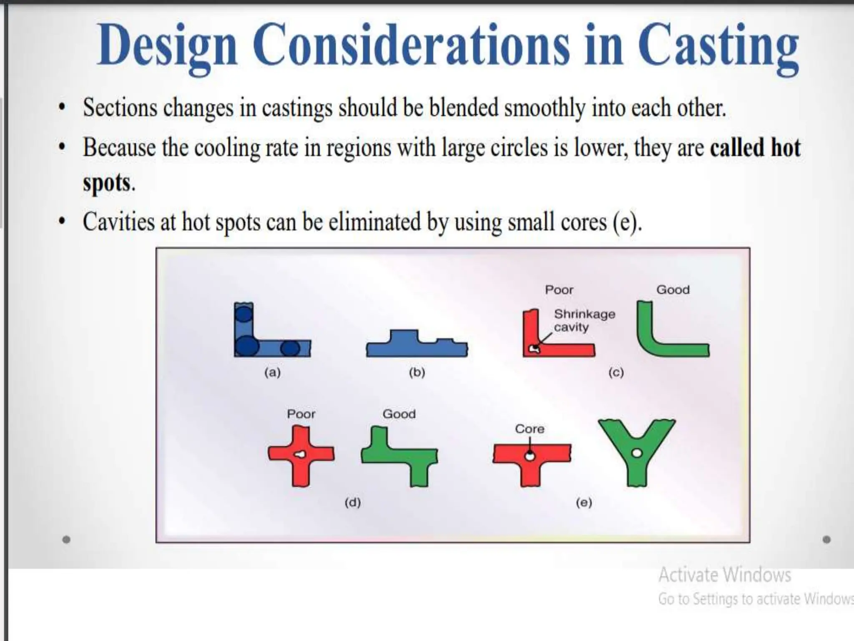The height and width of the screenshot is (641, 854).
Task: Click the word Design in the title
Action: [x=167, y=45]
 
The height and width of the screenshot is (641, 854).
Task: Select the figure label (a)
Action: [x=272, y=372]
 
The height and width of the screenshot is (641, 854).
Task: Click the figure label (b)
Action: [x=417, y=372]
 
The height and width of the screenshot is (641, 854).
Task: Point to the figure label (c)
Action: [x=616, y=372]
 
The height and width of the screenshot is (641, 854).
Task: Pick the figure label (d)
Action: [x=352, y=502]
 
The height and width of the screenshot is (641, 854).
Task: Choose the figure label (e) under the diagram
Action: [x=584, y=502]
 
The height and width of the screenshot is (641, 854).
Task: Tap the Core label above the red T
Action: [x=530, y=429]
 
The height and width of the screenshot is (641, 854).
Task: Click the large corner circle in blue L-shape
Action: [x=246, y=346]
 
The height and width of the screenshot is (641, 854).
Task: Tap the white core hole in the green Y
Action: [x=636, y=453]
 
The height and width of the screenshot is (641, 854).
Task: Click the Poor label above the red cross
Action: [x=301, y=414]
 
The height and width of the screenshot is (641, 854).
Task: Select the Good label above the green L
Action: [x=673, y=290]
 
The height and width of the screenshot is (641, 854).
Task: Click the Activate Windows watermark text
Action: [x=724, y=575]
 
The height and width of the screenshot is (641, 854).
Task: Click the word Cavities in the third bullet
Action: [x=118, y=222]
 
